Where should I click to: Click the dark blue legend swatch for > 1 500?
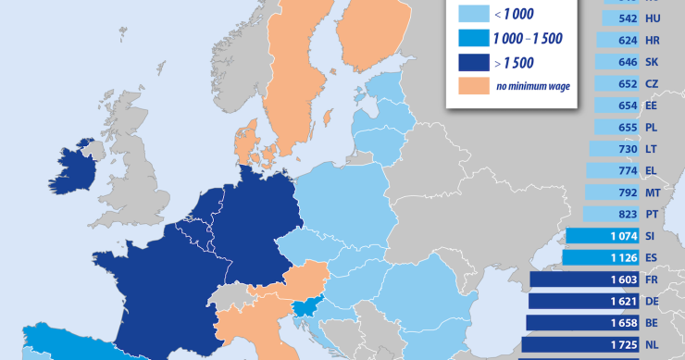472,64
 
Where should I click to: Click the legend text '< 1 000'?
513,15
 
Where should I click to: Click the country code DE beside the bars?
652,301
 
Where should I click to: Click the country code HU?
652,19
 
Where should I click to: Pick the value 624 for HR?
627,41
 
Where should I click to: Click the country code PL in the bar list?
652,128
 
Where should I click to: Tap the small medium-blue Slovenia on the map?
305,309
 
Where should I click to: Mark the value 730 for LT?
627,149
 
